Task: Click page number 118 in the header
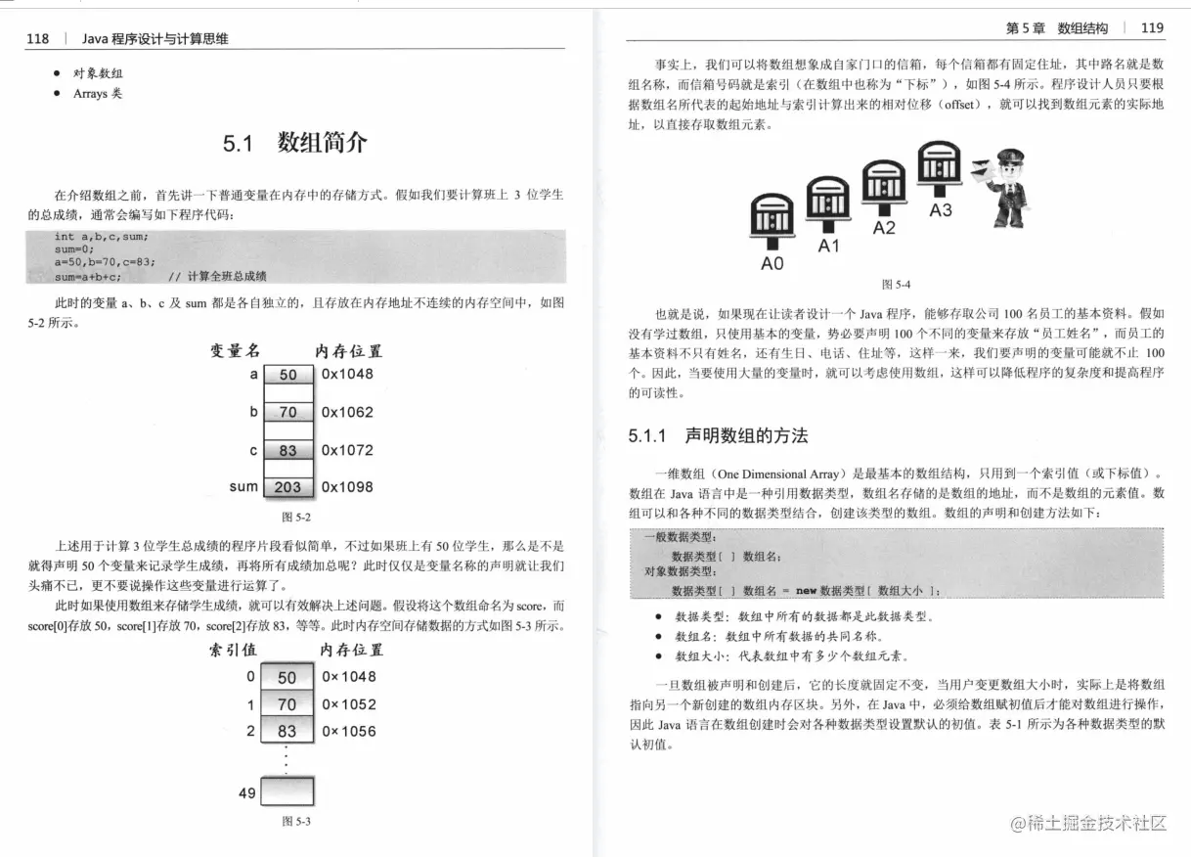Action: point(38,39)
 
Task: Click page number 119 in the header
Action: point(1152,27)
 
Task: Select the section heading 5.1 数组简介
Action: point(295,143)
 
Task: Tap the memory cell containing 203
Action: point(287,487)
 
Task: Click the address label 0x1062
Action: point(347,412)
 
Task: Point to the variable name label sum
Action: point(243,486)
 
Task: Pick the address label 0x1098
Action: point(347,487)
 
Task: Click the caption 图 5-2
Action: point(295,516)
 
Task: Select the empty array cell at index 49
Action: point(287,790)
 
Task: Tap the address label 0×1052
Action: point(349,704)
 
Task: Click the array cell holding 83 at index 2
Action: point(287,731)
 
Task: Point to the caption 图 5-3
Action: point(295,822)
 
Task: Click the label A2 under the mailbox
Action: point(884,228)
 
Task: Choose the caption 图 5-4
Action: point(896,285)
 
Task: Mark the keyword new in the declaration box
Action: point(805,591)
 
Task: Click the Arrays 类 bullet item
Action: point(98,94)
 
